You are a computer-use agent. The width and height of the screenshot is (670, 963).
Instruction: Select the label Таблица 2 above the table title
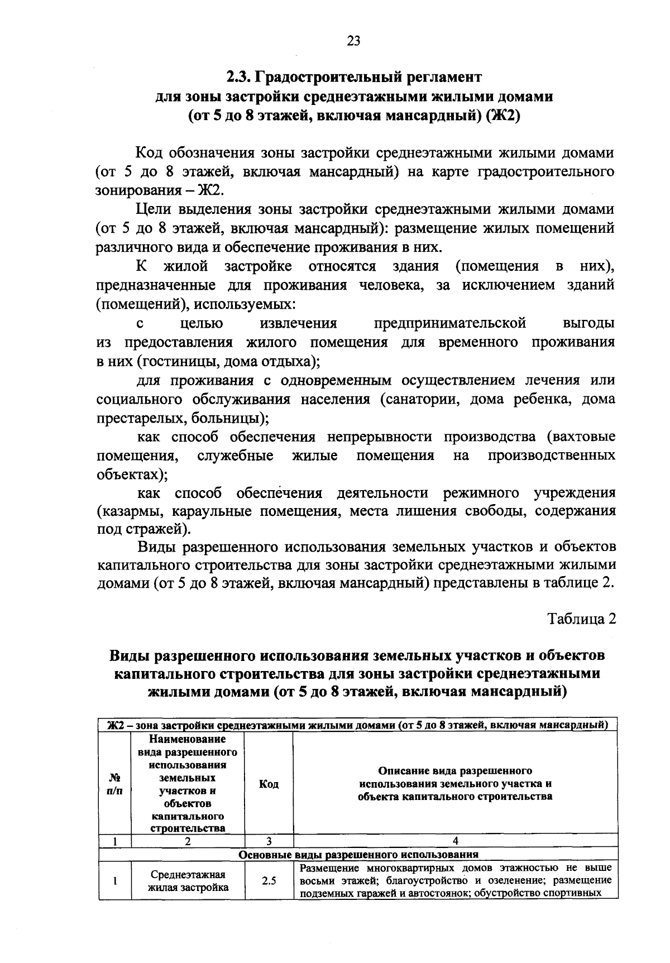pyautogui.click(x=581, y=619)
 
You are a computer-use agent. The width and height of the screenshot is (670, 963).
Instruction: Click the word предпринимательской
pyautogui.click(x=450, y=323)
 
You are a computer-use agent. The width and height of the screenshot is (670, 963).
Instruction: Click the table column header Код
pyautogui.click(x=269, y=784)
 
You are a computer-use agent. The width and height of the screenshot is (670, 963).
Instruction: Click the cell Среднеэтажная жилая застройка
pyautogui.click(x=188, y=881)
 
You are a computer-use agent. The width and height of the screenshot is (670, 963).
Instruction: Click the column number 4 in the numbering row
pyautogui.click(x=455, y=841)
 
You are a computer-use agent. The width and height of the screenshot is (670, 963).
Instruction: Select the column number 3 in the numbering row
pyautogui.click(x=269, y=841)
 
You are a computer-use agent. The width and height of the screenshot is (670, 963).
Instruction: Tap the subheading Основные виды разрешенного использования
pyautogui.click(x=358, y=854)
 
